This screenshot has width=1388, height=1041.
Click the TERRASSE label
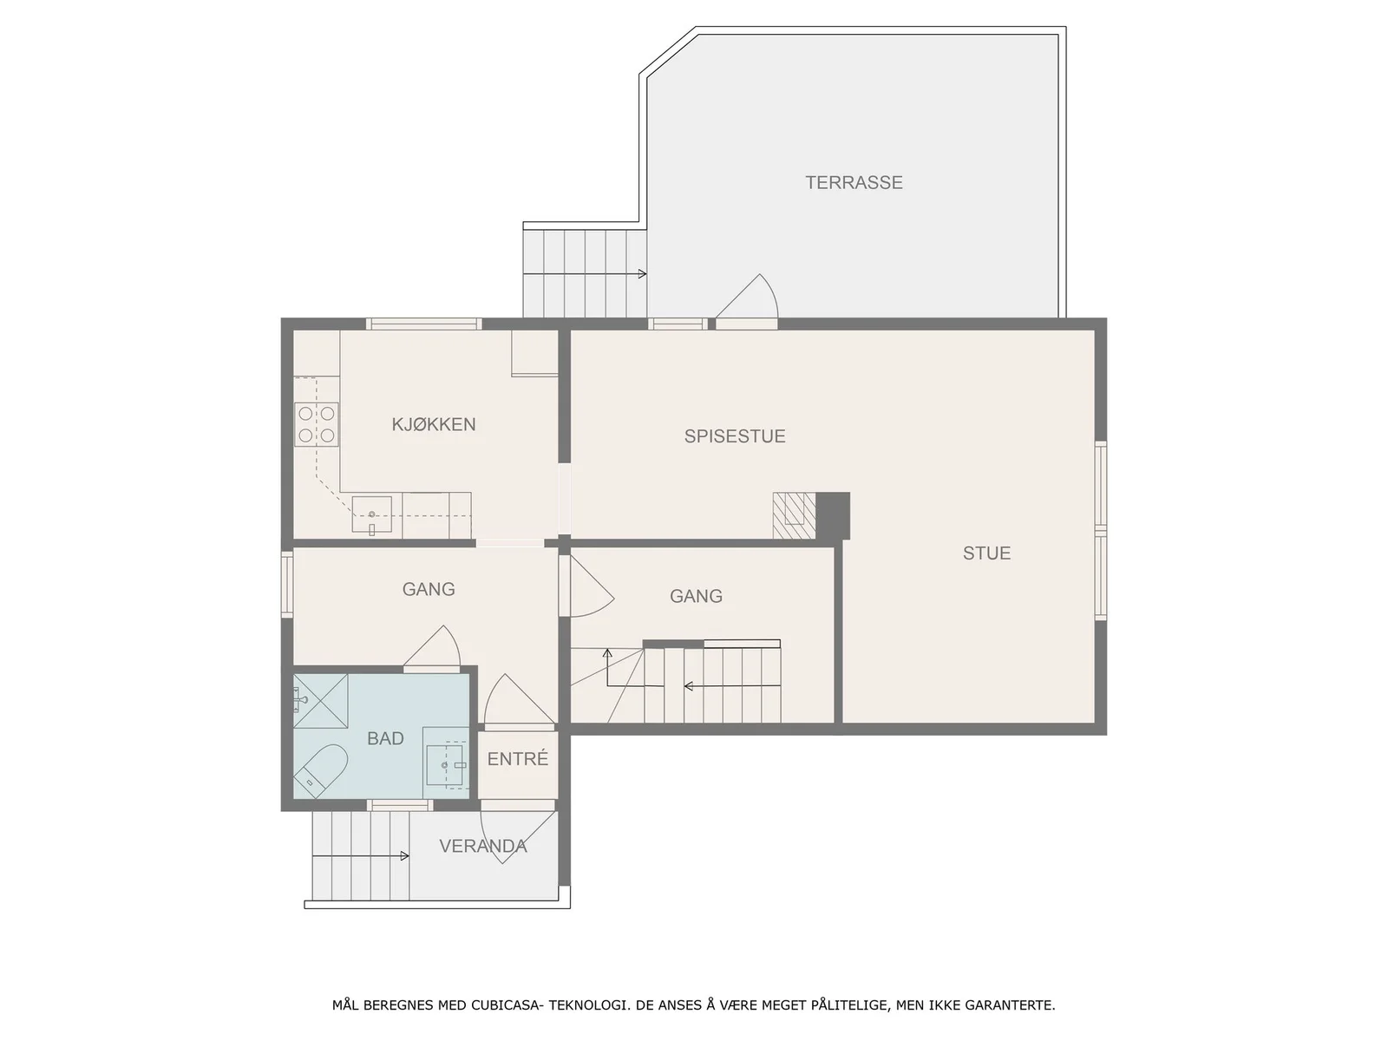pyautogui.click(x=853, y=183)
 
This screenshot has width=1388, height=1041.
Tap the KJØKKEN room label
pyautogui.click(x=433, y=424)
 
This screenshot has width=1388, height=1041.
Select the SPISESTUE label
pyautogui.click(x=735, y=436)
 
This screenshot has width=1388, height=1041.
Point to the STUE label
pyautogui.click(x=986, y=553)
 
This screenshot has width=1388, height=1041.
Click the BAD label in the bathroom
pyautogui.click(x=385, y=738)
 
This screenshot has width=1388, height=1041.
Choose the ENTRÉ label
pyautogui.click(x=517, y=758)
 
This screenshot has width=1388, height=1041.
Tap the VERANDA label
pyautogui.click(x=483, y=846)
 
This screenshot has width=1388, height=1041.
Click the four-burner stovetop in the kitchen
pyautogui.click(x=316, y=424)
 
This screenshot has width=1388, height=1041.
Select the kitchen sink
pyautogui.click(x=372, y=515)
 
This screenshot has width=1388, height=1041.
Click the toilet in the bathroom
pyautogui.click(x=321, y=770)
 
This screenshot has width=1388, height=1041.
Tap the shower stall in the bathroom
pyautogui.click(x=321, y=701)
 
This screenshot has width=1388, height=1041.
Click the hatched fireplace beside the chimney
pyautogui.click(x=795, y=516)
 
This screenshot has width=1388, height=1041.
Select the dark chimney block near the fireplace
pyautogui.click(x=833, y=516)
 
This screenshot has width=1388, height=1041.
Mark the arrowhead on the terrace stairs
pyautogui.click(x=642, y=273)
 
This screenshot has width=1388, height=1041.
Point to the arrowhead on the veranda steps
pyautogui.click(x=405, y=856)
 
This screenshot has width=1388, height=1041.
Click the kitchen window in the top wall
pyautogui.click(x=423, y=324)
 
